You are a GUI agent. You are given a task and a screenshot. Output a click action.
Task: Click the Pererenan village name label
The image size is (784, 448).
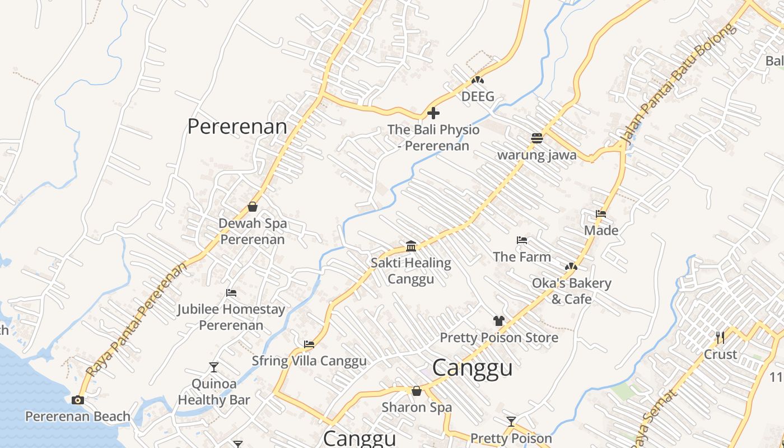tap(237, 127)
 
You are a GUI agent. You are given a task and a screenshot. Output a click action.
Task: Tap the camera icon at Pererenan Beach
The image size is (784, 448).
tap(78, 400)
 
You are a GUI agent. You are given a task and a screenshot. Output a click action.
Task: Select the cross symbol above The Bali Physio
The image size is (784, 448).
tap(433, 114)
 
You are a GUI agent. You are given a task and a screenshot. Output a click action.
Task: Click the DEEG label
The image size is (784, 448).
tap(478, 96)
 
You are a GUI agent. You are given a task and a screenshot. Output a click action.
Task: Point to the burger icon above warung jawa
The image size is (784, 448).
tap(537, 138)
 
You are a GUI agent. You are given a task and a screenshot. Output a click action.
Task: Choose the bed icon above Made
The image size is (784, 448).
tap(601, 214)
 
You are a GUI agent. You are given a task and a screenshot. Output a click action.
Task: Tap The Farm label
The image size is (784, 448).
tap(522, 256)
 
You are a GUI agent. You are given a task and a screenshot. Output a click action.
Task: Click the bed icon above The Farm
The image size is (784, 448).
tap(522, 240)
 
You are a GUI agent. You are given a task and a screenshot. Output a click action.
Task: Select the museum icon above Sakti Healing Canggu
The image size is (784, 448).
tap(411, 246)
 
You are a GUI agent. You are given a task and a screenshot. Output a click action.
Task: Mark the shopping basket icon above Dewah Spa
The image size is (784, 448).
tap(253, 207)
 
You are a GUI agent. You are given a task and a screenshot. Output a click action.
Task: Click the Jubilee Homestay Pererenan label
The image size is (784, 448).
tap(231, 317)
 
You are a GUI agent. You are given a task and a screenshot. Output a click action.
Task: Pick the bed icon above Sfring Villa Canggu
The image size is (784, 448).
tap(309, 344)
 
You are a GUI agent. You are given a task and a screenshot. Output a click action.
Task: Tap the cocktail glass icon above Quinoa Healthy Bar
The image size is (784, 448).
tap(214, 367)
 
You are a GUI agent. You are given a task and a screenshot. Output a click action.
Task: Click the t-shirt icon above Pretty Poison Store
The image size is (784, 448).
tap(499, 321)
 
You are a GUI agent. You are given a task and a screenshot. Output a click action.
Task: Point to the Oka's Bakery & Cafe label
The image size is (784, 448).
tap(572, 291)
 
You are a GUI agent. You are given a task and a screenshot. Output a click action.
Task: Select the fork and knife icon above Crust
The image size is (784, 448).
tap(720, 338)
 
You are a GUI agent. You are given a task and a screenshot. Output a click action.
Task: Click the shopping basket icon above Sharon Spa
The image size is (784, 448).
tap(417, 390)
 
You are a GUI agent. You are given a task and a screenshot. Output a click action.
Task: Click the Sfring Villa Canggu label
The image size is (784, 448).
tap(309, 361)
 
